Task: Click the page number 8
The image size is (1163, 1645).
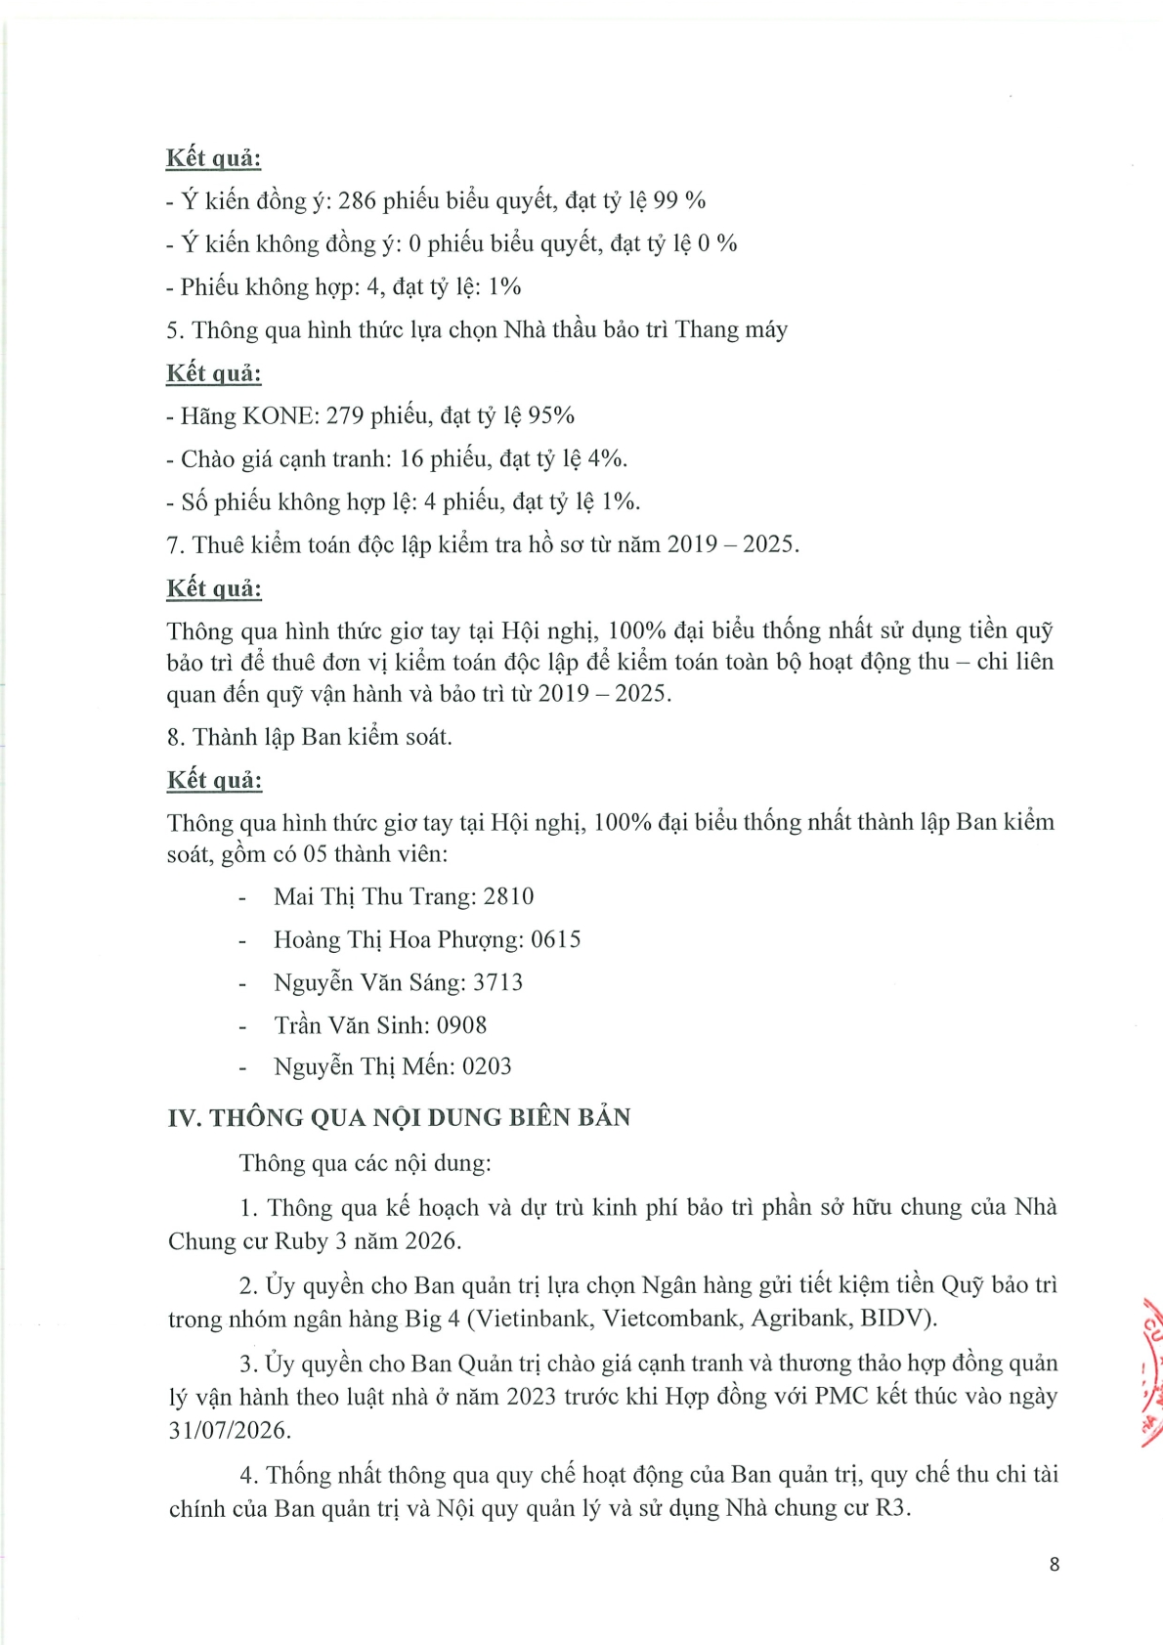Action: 1054,1564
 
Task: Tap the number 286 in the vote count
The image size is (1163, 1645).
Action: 357,200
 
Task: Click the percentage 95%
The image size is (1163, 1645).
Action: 551,415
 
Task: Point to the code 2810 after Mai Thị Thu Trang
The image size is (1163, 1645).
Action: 508,896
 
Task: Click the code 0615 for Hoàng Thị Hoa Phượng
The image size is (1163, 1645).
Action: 555,939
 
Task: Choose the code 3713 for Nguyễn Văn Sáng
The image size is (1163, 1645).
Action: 497,982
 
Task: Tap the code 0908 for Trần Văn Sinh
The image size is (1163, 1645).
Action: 461,1025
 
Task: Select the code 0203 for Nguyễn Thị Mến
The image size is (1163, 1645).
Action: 487,1066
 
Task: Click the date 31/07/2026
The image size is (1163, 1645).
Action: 229,1430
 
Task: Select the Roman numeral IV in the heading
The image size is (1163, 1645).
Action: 184,1117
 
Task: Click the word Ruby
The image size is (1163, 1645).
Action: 301,1241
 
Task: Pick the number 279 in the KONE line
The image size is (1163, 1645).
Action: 345,415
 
